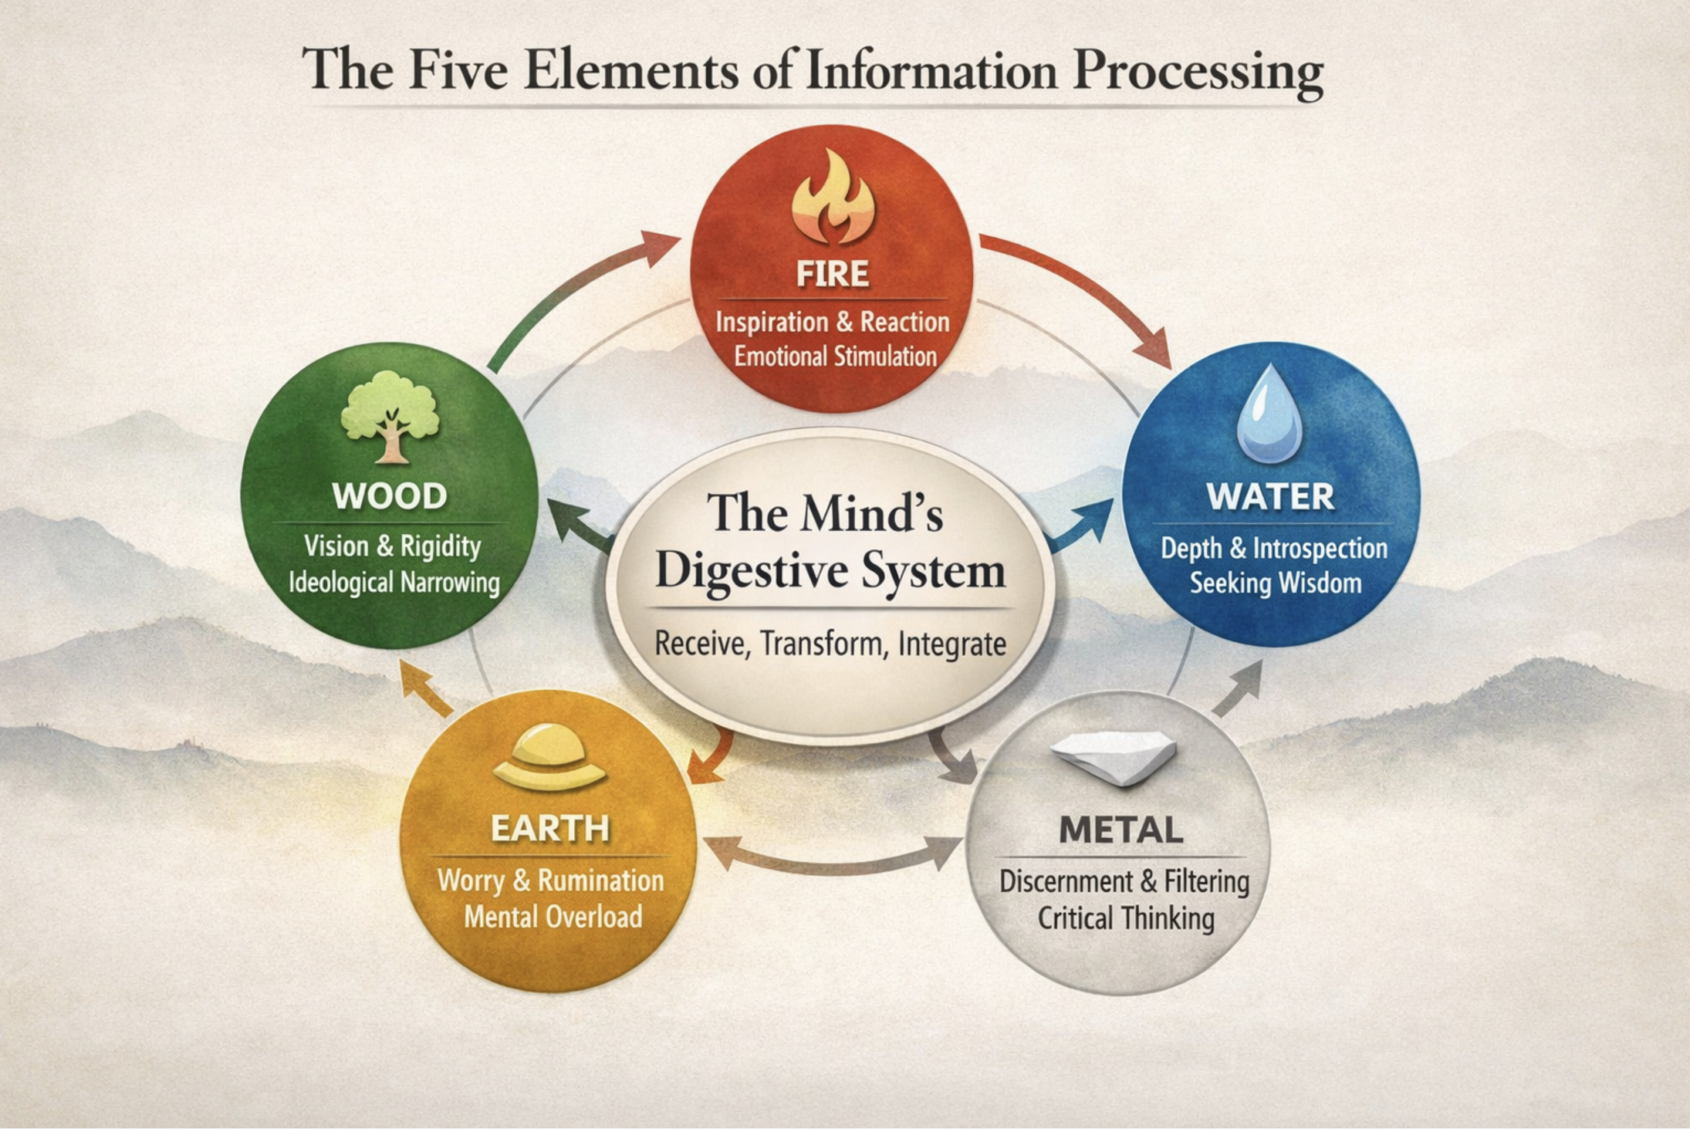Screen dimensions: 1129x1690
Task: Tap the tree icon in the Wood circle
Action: [x=389, y=417]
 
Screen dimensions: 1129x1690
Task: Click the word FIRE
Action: [x=832, y=275]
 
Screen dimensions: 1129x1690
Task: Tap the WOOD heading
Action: [x=389, y=496]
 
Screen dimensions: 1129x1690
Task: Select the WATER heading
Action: [x=1270, y=496]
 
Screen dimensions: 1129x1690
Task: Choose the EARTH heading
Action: [x=550, y=829]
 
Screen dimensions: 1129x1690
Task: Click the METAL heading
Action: [x=1121, y=830]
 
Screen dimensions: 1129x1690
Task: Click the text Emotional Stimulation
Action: [x=835, y=357]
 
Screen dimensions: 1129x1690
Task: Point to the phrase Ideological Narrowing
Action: [x=393, y=582]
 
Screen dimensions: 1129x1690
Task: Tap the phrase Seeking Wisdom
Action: [x=1275, y=582]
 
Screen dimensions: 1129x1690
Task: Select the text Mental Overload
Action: [x=553, y=916]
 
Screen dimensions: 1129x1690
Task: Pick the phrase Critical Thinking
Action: [x=1126, y=918]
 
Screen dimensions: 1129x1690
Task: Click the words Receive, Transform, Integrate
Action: [x=830, y=643]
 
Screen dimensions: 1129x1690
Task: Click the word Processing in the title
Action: [x=1197, y=72]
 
